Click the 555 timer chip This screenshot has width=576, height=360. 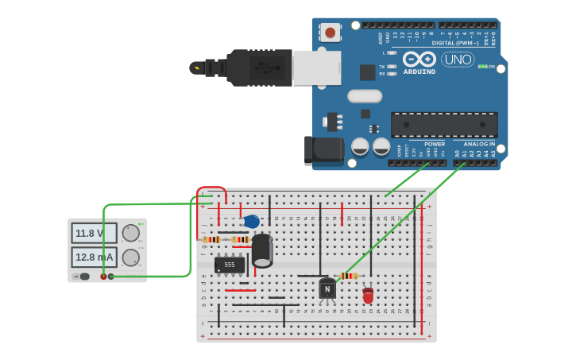230,265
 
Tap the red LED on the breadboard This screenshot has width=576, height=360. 368,296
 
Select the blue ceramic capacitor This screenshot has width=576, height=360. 251,222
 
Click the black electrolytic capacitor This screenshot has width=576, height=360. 262,250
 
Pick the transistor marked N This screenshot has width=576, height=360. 327,289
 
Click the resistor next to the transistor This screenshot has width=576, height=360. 349,276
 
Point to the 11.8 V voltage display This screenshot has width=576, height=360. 94,233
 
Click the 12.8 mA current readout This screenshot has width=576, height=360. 94,257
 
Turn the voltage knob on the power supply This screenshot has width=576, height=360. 130,233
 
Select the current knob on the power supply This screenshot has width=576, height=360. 130,257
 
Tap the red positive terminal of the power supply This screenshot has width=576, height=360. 103,277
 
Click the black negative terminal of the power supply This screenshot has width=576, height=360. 111,277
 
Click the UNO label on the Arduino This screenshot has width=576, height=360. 458,60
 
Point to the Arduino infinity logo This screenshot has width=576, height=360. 419,60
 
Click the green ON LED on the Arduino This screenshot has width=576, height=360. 481,67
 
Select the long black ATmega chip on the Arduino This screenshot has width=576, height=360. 444,124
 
